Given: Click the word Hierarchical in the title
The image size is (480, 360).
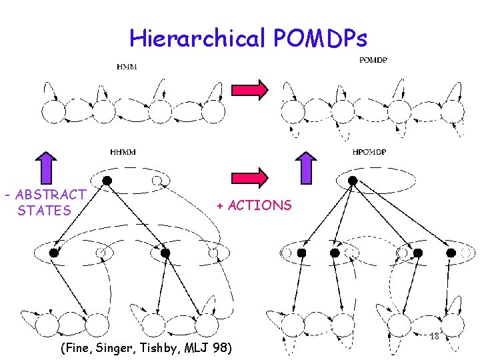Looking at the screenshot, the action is click(198, 39).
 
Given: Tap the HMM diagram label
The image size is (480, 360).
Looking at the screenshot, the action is click(125, 67).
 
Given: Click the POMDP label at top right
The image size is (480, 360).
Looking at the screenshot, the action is click(374, 60).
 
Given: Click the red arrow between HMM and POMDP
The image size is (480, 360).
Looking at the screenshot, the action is click(249, 89).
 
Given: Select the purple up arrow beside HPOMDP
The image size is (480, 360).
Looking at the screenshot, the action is click(306, 166).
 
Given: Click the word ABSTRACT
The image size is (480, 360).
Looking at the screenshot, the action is click(51, 195).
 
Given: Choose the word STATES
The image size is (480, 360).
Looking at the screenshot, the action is click(44, 211).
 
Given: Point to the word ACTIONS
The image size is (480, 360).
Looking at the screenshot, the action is click(259, 205).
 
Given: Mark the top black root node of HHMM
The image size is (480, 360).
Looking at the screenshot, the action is click(107, 180).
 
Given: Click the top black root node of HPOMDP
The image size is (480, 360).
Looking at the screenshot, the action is click(353, 180).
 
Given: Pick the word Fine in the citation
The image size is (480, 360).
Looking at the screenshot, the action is click(78, 348).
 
